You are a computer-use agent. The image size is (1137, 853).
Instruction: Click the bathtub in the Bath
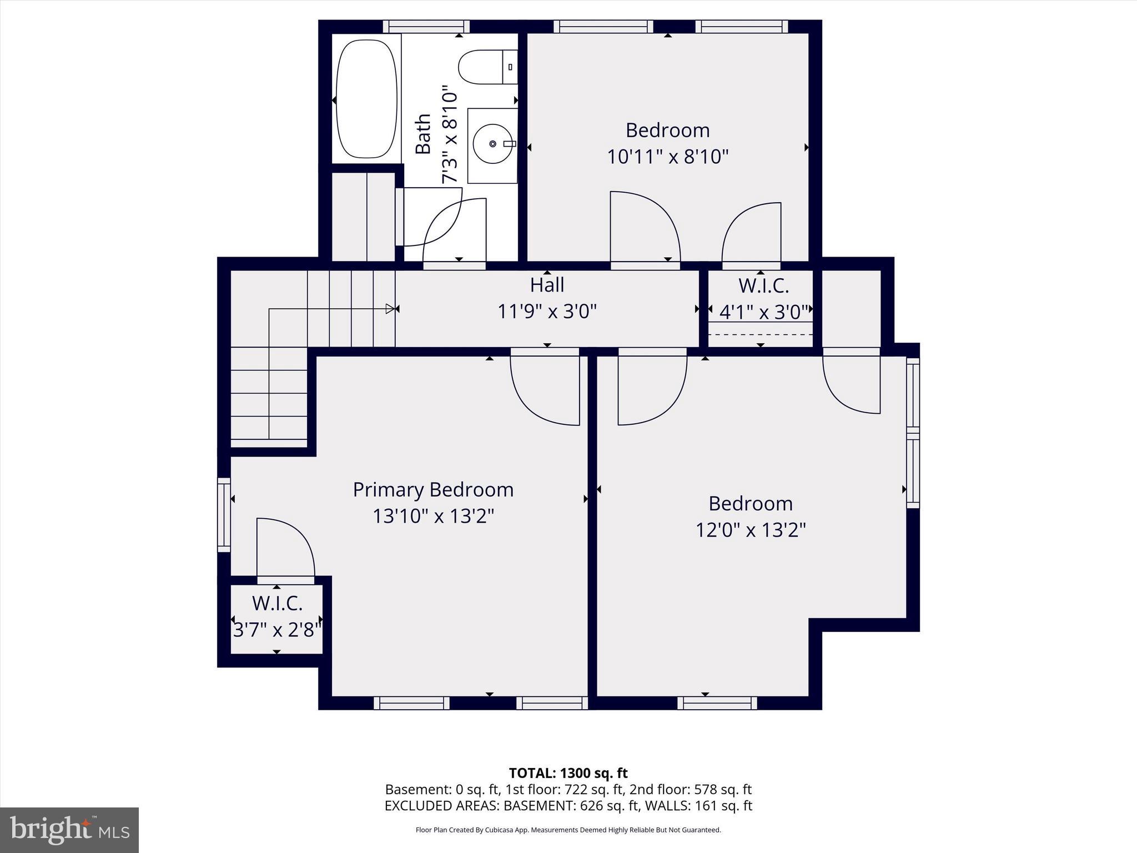click(367, 99)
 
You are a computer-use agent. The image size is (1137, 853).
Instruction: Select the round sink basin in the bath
click(492, 144)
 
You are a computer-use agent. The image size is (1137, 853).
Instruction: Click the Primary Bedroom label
click(433, 490)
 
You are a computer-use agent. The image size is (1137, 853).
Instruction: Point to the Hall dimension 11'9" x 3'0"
click(547, 312)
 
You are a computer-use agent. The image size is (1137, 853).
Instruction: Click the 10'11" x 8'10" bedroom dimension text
click(667, 157)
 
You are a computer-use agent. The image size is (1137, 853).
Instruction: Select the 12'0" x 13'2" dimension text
click(751, 530)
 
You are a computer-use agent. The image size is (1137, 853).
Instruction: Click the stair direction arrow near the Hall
click(391, 309)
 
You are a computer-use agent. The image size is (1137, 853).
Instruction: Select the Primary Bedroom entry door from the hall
click(545, 389)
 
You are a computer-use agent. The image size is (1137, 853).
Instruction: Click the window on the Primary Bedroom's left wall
click(224, 514)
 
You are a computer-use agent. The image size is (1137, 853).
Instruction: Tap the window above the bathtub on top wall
click(426, 26)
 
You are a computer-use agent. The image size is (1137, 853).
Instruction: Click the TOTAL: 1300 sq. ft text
click(568, 773)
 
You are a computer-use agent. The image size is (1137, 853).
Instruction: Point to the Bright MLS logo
click(69, 830)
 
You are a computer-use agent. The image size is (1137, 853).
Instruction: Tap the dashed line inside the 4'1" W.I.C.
click(760, 335)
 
